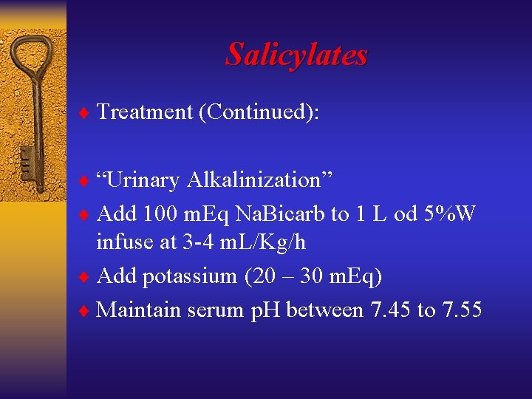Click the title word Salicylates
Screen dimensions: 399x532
pyautogui.click(x=296, y=54)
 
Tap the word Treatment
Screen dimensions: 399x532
pyautogui.click(x=143, y=112)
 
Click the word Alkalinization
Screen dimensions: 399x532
pyautogui.click(x=260, y=180)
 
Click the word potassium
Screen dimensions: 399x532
pyautogui.click(x=189, y=276)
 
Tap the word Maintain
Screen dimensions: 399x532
pyautogui.click(x=138, y=310)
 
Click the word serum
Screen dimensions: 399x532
pyautogui.click(x=214, y=310)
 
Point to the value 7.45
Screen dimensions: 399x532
pyautogui.click(x=388, y=310)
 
